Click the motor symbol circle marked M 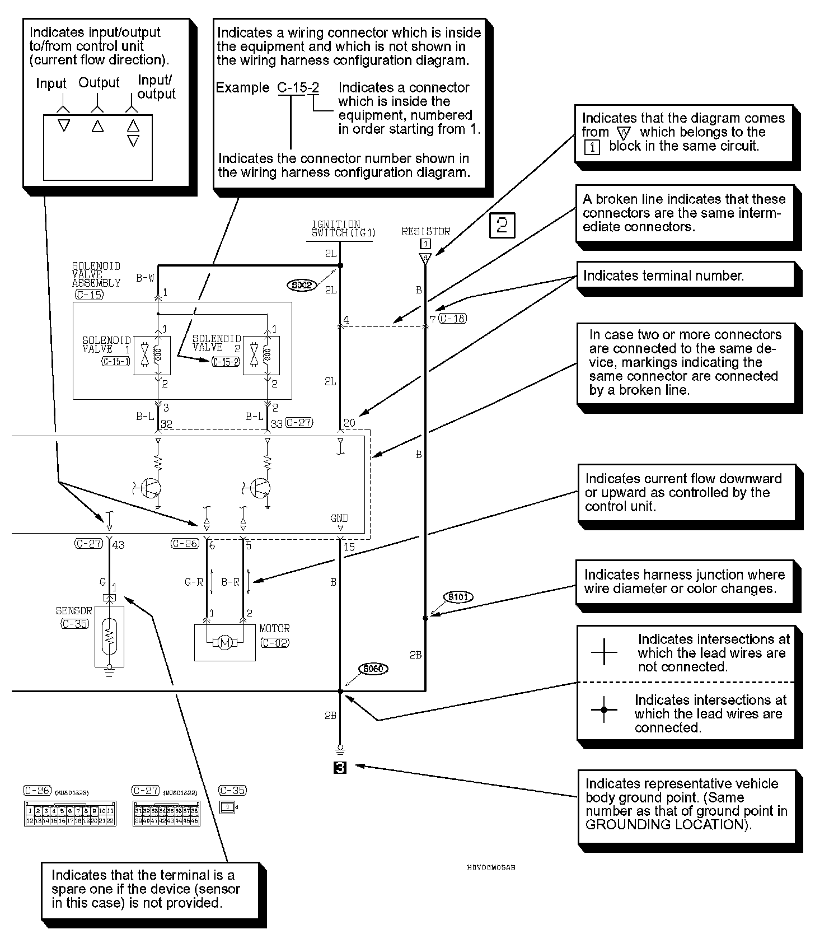[x=224, y=643]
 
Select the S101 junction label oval [x=458, y=597]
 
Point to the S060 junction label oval [x=373, y=669]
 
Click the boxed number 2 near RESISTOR [x=502, y=226]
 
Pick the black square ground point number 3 [x=340, y=767]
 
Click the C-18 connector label [x=452, y=319]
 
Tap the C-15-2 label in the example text [x=298, y=87]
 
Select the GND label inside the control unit [x=339, y=518]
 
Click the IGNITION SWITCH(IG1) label [x=343, y=228]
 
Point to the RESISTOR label [x=425, y=231]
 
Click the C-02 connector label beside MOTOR [x=275, y=643]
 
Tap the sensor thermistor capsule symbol [x=110, y=636]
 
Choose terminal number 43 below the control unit [x=118, y=544]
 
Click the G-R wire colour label [x=194, y=582]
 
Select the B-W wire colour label [x=145, y=278]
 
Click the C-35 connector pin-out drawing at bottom [x=228, y=807]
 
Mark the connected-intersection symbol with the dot [x=603, y=709]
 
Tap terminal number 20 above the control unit [x=349, y=423]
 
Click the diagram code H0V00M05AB [x=491, y=867]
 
